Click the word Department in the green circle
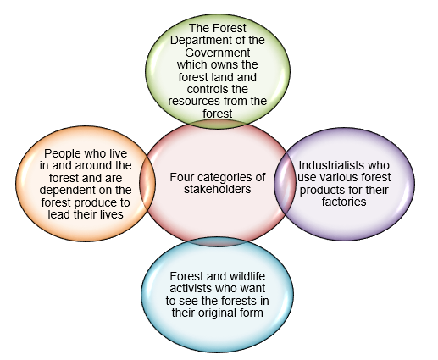coord(201,41)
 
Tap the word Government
coord(218,53)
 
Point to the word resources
coord(194,101)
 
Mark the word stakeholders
coord(218,190)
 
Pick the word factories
coord(344,202)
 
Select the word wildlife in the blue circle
coord(247,276)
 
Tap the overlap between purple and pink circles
coord(285,184)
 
